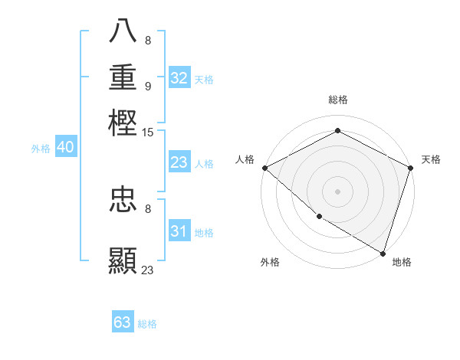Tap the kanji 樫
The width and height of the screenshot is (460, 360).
tap(123, 123)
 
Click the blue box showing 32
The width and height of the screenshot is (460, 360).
tap(179, 78)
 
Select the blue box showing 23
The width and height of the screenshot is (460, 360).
tap(179, 162)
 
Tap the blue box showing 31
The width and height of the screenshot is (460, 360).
tap(179, 231)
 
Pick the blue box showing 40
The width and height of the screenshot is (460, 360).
tap(65, 148)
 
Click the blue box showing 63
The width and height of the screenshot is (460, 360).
tap(123, 322)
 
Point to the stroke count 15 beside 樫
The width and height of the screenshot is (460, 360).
tap(148, 133)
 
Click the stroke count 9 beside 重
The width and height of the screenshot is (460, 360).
tap(147, 86)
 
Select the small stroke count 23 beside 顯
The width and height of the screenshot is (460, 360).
tap(148, 270)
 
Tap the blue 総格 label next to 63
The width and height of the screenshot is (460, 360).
tap(147, 324)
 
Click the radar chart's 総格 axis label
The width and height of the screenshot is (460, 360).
tap(337, 100)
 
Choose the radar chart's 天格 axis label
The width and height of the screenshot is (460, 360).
tap(431, 159)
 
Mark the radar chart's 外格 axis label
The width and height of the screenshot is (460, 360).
tap(270, 262)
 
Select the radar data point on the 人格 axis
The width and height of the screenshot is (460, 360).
tap(264, 168)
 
